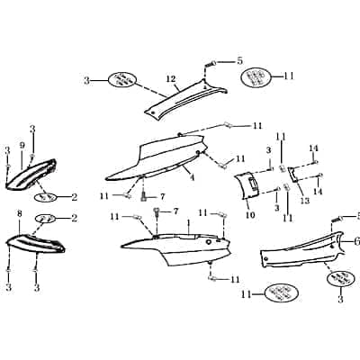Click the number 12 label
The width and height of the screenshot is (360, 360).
pyautogui.click(x=171, y=79)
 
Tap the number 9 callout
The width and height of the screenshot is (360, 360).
pyautogui.click(x=22, y=146)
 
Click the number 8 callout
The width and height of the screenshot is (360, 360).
pyautogui.click(x=20, y=214)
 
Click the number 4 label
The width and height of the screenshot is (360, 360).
pyautogui.click(x=192, y=177)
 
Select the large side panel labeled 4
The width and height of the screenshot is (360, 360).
pyautogui.click(x=157, y=159)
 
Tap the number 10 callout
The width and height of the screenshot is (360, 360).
pyautogui.click(x=250, y=215)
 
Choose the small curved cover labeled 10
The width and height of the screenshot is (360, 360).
pyautogui.click(x=247, y=185)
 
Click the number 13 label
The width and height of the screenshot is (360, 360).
pyautogui.click(x=304, y=201)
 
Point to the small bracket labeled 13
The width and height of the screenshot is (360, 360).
pyautogui.click(x=293, y=175)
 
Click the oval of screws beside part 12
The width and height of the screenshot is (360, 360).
pyautogui.click(x=122, y=80)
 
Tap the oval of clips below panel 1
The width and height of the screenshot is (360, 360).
pyautogui.click(x=282, y=293)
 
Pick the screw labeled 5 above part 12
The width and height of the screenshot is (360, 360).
pyautogui.click(x=211, y=64)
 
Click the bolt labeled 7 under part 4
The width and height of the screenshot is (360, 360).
pyautogui.click(x=144, y=196)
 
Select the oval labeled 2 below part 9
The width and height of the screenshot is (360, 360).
pyautogui.click(x=46, y=197)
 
